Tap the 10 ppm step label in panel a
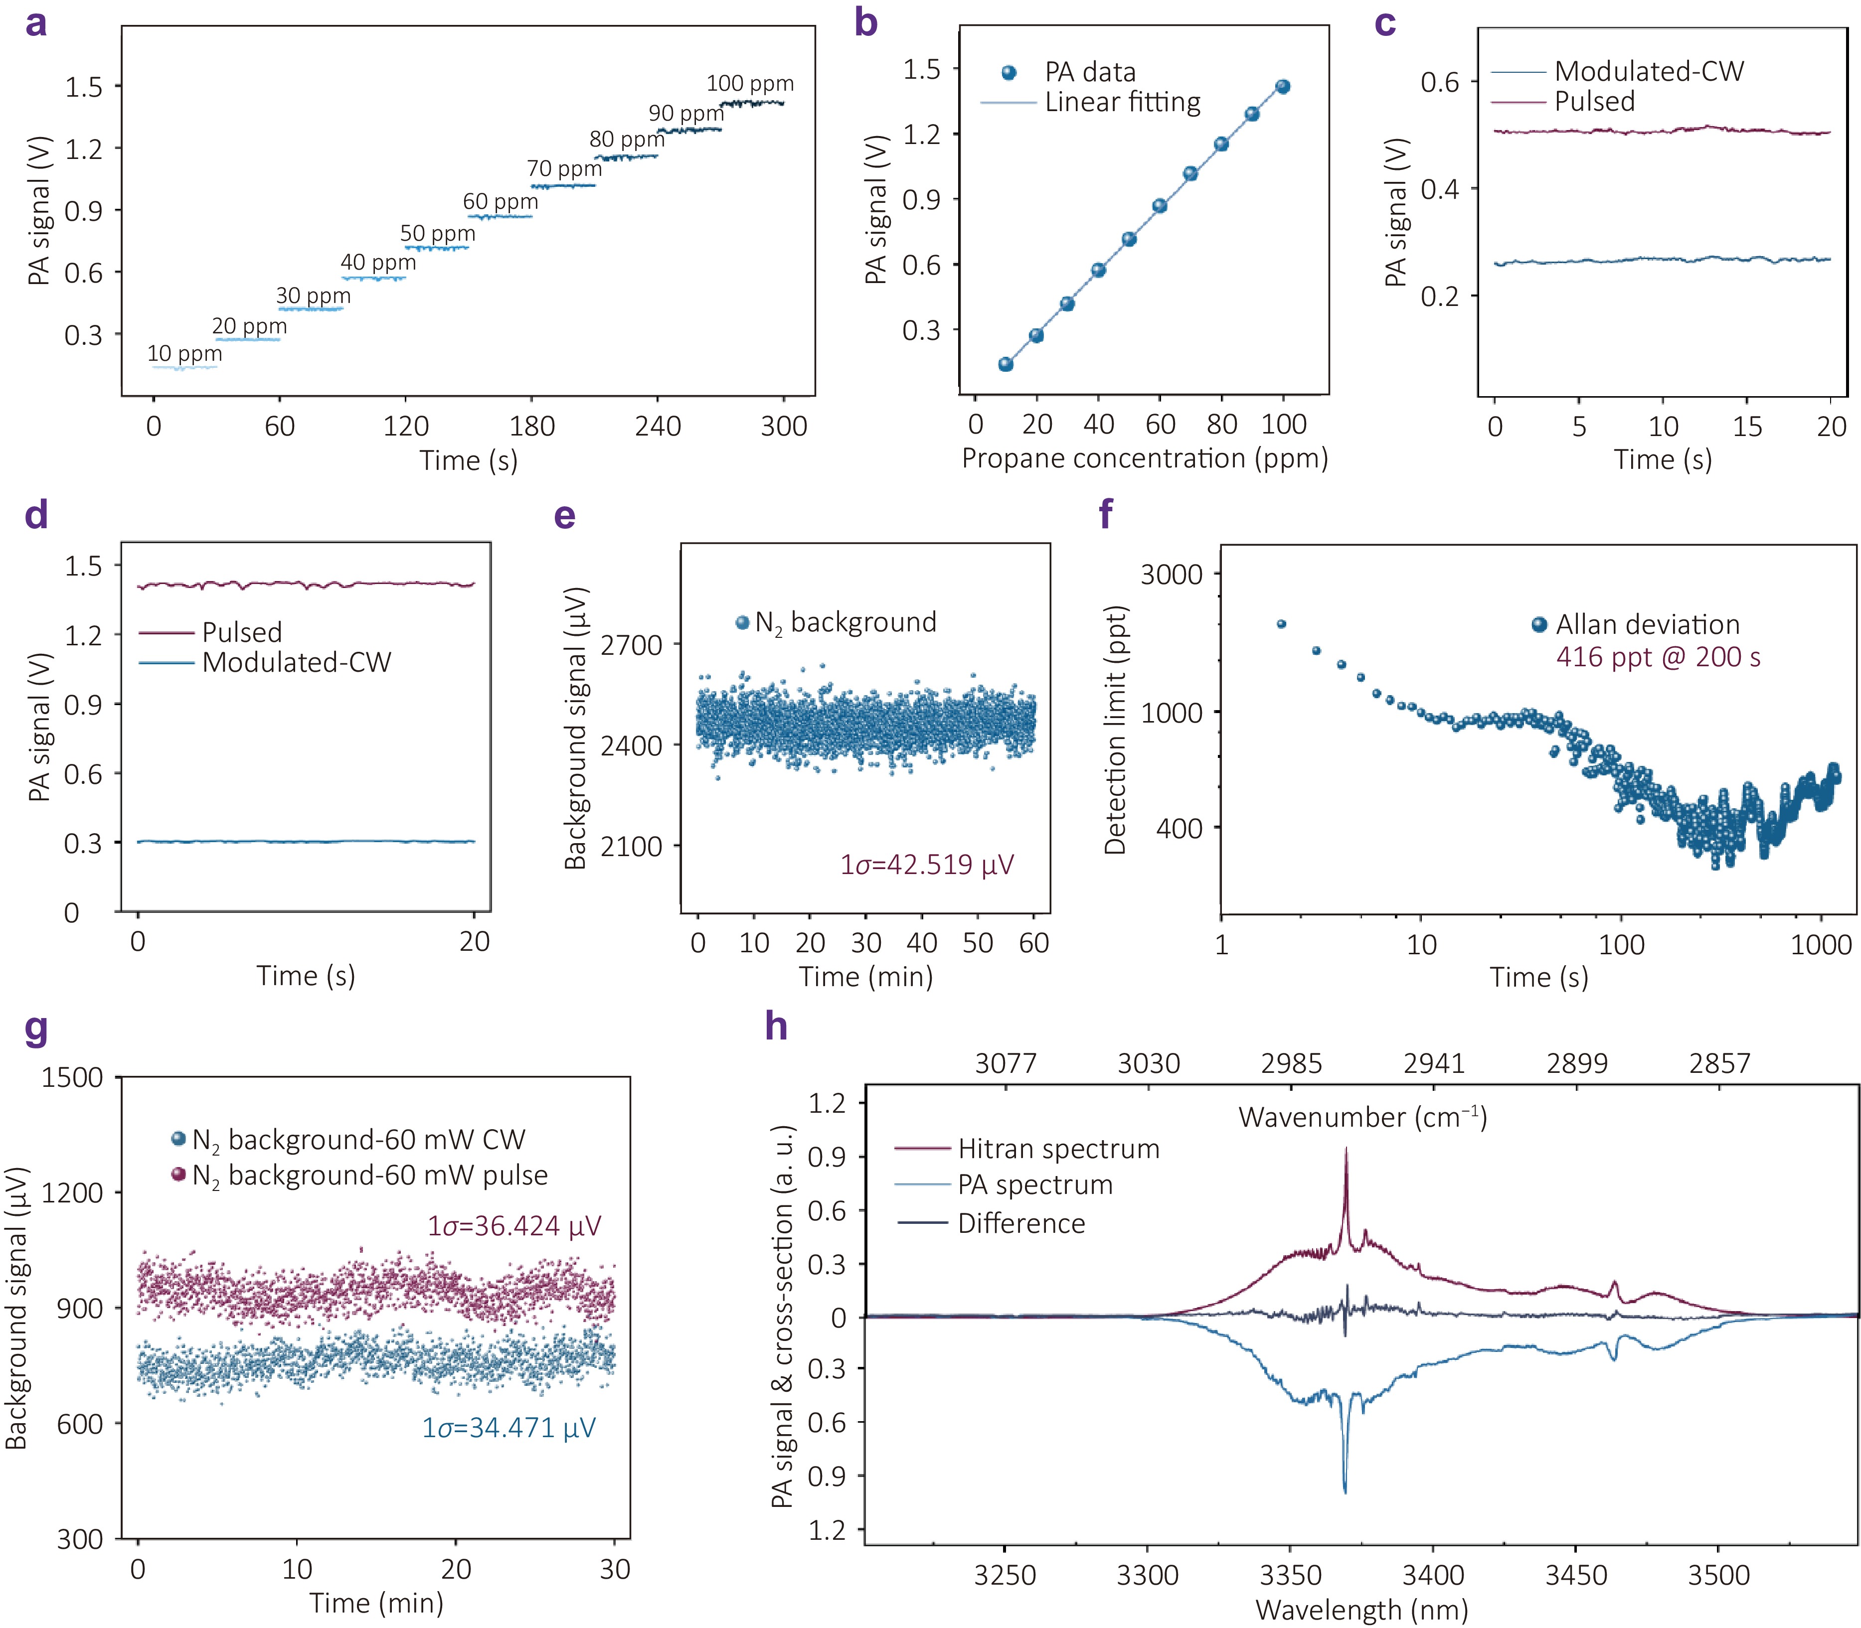[184, 353]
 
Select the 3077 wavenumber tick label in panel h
[1005, 1063]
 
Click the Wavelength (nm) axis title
[1361, 1611]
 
